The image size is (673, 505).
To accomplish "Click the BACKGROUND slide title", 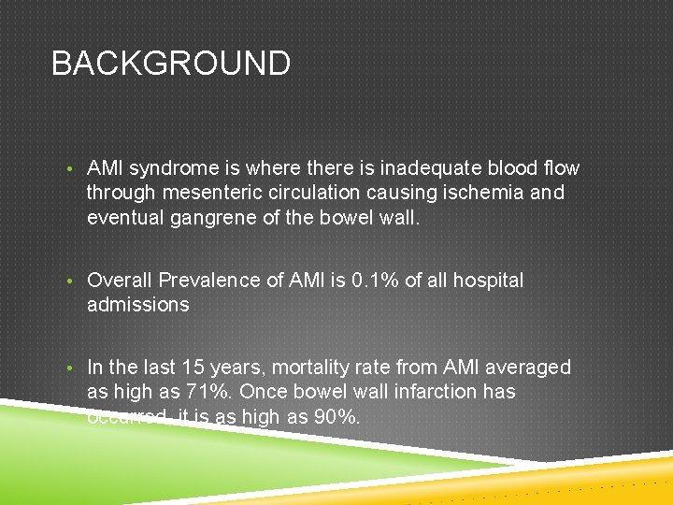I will pyautogui.click(x=171, y=64).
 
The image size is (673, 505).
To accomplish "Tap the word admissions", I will pyautogui.click(x=137, y=305).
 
